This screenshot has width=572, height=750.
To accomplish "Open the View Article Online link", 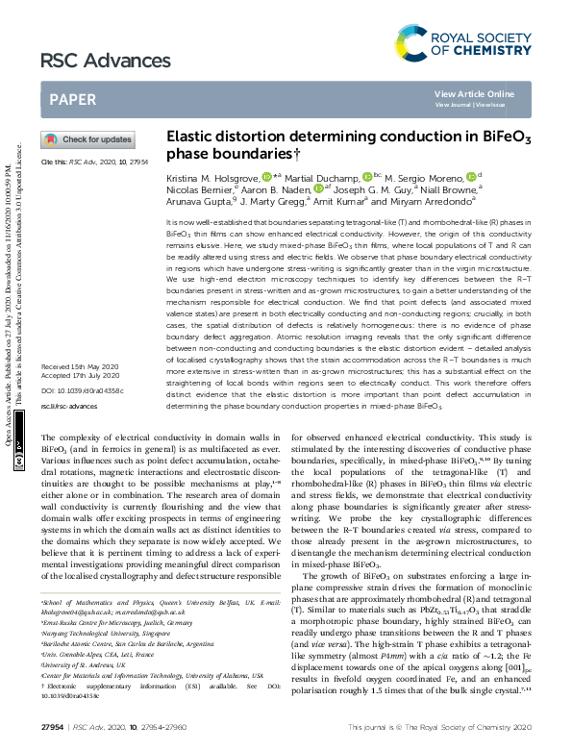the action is point(474,93).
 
